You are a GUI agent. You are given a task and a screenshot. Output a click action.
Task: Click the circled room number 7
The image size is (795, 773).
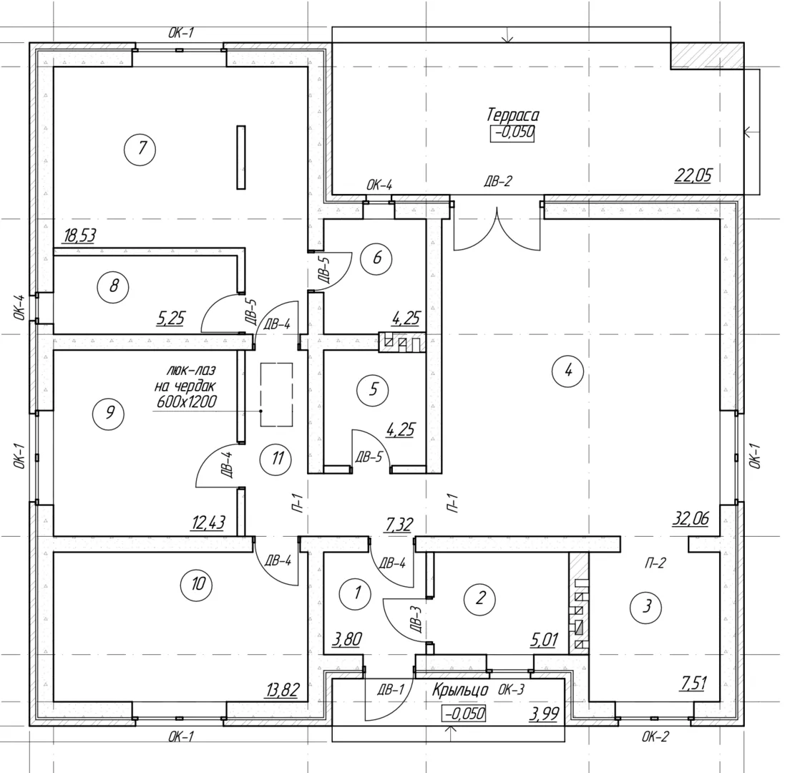142,149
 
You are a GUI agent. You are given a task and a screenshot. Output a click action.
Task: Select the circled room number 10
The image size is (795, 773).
198,585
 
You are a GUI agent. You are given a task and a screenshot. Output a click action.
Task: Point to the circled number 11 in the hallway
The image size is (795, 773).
277,459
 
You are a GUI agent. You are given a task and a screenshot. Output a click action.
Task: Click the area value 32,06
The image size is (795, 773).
691,519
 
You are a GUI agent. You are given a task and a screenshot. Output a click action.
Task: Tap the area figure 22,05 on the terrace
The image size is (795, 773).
693,174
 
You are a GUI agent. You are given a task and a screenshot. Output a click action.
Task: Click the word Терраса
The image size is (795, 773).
512,115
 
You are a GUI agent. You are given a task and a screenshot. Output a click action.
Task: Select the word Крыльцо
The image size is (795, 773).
460,691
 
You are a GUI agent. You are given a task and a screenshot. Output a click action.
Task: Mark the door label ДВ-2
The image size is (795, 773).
497,182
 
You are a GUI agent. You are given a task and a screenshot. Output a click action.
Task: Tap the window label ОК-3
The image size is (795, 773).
511,691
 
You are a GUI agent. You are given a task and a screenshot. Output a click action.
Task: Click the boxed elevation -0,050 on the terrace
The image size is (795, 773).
512,133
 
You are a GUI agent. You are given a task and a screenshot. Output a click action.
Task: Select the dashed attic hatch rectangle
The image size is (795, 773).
276,394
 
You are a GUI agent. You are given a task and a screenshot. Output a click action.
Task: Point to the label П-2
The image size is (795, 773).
655,563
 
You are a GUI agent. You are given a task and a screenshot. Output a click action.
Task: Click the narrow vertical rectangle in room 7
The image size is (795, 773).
241,157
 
